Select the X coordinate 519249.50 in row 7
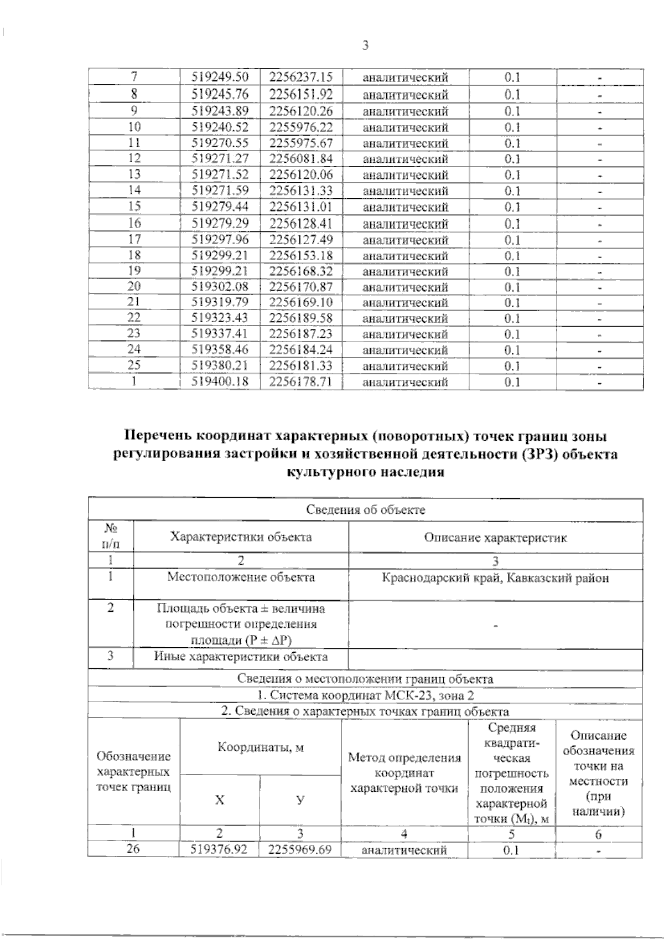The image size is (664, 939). (x=220, y=78)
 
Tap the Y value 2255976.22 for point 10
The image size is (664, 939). (x=301, y=127)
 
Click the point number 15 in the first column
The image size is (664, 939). (x=134, y=207)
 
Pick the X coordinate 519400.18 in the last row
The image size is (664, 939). (x=220, y=381)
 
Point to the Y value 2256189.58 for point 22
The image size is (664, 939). (x=301, y=318)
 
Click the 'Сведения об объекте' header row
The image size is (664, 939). (x=365, y=510)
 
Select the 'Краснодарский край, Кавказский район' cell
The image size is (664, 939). (x=495, y=578)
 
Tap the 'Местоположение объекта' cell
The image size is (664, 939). (x=241, y=577)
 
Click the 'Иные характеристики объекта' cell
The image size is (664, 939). (x=241, y=657)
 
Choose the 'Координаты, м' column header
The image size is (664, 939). (x=261, y=747)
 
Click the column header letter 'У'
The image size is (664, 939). (x=300, y=800)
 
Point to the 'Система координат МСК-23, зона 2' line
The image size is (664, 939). (x=365, y=695)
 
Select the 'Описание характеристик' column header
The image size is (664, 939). (x=495, y=538)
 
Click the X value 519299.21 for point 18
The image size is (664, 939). (x=220, y=255)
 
